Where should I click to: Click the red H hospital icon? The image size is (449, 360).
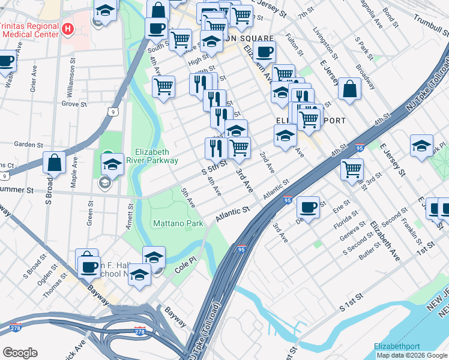68,28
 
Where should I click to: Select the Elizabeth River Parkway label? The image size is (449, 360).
156,156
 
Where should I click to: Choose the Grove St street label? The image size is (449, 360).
74,104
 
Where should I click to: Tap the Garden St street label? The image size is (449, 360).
26,144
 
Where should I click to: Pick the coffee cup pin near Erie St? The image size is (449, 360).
308,208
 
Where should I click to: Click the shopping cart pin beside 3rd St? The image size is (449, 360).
352,168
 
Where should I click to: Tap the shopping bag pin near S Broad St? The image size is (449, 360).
54,163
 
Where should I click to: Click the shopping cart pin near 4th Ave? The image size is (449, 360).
163,86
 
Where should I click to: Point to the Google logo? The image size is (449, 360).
20,353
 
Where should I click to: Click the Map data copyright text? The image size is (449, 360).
412,355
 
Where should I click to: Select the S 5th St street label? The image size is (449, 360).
214,167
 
